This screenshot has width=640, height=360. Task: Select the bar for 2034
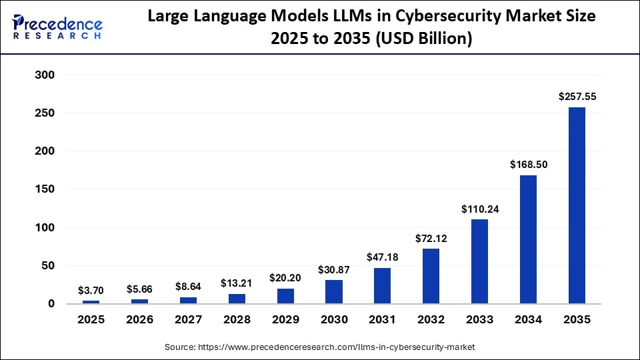528,239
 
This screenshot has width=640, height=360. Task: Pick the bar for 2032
431,276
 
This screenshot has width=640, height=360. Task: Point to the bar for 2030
333,292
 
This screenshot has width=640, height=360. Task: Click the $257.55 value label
577,97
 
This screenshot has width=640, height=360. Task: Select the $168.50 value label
528,164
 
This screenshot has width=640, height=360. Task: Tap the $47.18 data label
382,257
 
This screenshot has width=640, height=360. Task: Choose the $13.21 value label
237,283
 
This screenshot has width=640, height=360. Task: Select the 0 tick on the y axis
49,304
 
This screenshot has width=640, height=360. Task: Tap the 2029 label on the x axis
285,320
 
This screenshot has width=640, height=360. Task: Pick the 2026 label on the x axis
139,320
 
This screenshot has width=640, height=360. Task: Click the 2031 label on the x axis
382,320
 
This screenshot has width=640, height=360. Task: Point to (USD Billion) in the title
425,39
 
